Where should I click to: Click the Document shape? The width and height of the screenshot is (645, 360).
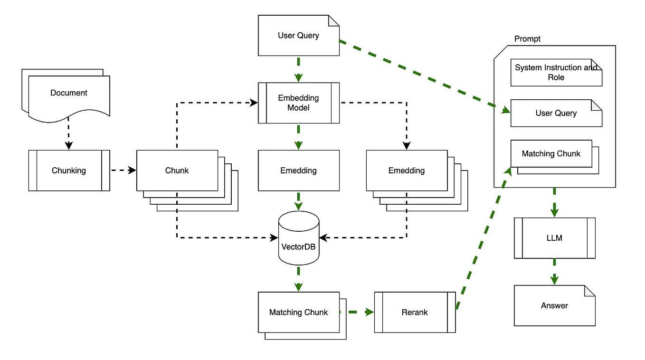click(69, 93)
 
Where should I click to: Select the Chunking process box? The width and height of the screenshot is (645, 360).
click(69, 171)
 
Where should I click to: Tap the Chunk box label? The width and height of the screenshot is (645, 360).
click(177, 171)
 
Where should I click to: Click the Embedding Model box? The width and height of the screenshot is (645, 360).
click(298, 103)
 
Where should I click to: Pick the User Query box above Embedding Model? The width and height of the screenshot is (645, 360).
click(298, 36)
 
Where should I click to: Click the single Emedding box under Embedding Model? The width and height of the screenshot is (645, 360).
click(298, 171)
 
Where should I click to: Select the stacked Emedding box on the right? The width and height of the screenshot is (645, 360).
click(407, 171)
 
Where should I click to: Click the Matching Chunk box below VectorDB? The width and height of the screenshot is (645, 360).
click(298, 312)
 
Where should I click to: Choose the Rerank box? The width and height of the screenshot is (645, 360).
click(415, 312)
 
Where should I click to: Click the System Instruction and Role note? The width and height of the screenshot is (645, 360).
click(556, 73)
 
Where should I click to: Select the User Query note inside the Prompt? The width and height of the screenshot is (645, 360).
click(556, 113)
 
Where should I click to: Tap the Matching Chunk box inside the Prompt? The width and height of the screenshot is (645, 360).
click(551, 153)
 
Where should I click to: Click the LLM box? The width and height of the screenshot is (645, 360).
click(554, 238)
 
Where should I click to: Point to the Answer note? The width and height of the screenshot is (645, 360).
click(554, 305)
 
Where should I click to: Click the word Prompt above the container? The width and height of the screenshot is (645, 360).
click(527, 39)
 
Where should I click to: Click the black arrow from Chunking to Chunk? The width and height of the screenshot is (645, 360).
click(123, 171)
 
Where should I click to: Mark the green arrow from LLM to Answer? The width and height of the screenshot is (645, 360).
click(554, 272)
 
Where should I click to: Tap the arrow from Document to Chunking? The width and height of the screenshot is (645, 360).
click(69, 133)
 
